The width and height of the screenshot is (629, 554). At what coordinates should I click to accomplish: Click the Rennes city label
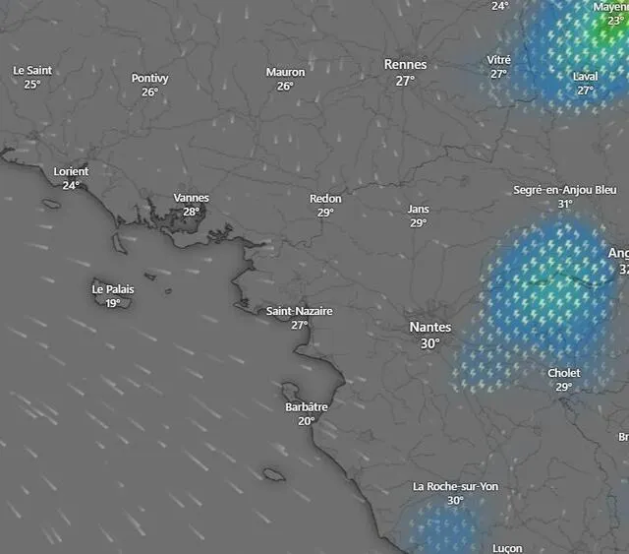[405, 65]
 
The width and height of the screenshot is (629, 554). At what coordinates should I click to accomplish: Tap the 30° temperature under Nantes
[429, 343]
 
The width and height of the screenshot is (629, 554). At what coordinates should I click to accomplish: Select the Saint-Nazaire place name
[300, 311]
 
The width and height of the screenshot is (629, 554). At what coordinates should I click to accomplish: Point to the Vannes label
[191, 198]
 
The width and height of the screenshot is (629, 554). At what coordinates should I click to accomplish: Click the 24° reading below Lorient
[71, 185]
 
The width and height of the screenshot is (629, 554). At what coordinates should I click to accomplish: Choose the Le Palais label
[113, 289]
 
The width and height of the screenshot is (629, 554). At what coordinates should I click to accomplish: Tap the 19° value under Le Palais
[113, 303]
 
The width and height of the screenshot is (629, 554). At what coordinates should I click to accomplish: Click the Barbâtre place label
[307, 406]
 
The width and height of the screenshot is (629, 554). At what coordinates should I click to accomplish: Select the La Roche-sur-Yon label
[455, 487]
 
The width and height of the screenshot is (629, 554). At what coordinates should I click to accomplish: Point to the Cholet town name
[564, 373]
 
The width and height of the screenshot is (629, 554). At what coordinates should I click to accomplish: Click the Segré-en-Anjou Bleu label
[565, 190]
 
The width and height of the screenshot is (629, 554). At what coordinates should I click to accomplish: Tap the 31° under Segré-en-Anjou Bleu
[565, 204]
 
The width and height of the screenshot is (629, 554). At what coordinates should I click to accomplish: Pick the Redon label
[325, 198]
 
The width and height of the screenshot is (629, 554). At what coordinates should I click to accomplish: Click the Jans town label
[419, 209]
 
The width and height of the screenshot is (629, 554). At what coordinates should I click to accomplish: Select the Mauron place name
[285, 72]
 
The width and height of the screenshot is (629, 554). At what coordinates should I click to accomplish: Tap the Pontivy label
[150, 78]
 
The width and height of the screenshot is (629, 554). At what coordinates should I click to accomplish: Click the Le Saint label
[32, 71]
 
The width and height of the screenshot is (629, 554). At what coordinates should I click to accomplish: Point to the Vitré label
[499, 60]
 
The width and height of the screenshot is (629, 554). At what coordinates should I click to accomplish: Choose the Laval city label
[586, 77]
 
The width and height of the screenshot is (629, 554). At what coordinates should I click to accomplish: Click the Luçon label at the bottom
[507, 548]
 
